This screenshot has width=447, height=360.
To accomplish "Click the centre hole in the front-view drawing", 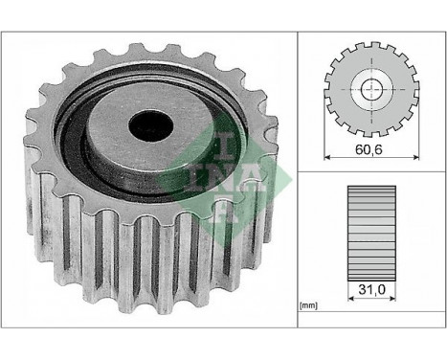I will pyautogui.click(x=372, y=90).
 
